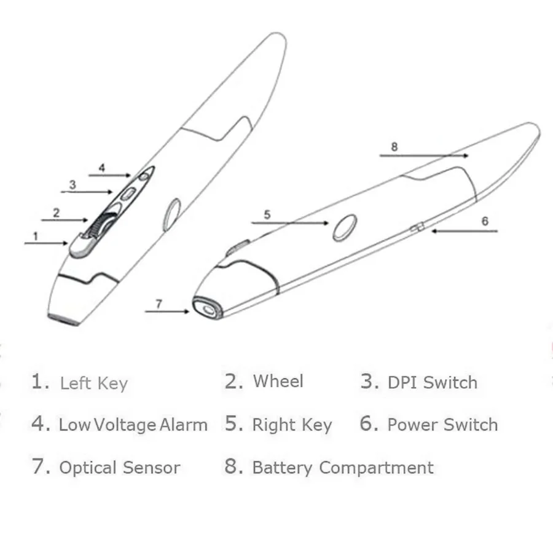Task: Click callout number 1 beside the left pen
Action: pos(36,235)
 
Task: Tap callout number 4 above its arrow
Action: pos(102,167)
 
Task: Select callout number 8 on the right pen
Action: pos(394,147)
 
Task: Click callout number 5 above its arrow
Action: pos(267,214)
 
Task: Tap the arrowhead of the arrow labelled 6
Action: pos(434,231)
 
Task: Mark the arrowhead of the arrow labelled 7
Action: pos(187,312)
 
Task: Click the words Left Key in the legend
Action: pos(93,384)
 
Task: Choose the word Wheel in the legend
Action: pos(278,381)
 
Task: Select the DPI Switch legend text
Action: pos(432,382)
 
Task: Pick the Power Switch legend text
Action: pos(442,425)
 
